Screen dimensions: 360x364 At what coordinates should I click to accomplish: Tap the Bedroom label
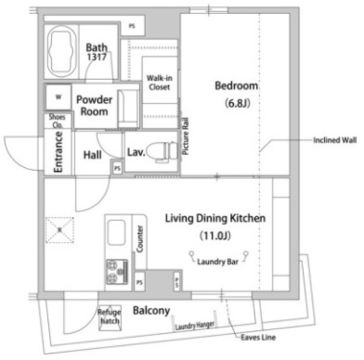[236, 86]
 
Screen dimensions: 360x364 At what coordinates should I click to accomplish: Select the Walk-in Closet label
[159, 82]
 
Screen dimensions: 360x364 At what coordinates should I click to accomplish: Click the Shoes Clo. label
[58, 119]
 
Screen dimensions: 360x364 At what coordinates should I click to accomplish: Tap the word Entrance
[58, 152]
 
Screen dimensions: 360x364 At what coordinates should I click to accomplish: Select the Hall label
[92, 154]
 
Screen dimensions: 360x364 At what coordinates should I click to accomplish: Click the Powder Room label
[94, 105]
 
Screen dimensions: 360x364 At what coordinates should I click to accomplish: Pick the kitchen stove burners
[115, 271]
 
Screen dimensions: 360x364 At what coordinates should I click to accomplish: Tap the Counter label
[140, 238]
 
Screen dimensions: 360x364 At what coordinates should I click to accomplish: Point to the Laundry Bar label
[217, 262]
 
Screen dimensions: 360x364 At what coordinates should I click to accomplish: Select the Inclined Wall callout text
[335, 140]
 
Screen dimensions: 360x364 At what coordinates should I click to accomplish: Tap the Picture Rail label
[185, 136]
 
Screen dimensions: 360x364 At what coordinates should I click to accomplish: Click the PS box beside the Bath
[132, 26]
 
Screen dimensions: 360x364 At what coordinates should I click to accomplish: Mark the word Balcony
[151, 311]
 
